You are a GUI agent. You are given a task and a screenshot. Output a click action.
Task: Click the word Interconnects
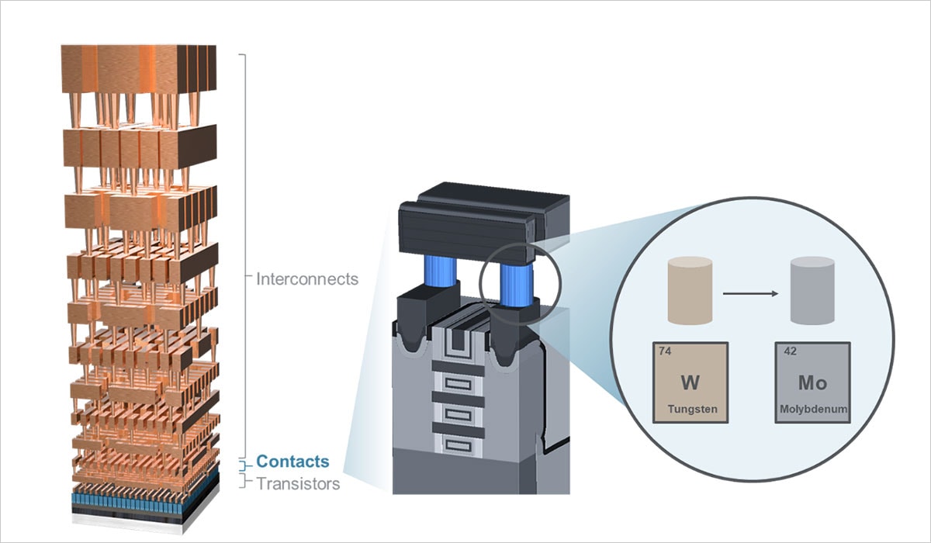click(307, 278)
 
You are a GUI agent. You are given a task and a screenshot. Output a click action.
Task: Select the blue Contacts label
click(292, 462)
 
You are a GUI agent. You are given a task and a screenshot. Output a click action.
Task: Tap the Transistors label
click(298, 484)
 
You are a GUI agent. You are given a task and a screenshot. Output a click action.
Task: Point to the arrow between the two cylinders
click(749, 294)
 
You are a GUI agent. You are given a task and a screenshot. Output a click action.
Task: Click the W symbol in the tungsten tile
click(690, 382)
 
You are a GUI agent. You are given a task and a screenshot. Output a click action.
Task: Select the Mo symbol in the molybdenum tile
click(812, 382)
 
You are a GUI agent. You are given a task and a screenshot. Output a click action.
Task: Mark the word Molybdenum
click(813, 408)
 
